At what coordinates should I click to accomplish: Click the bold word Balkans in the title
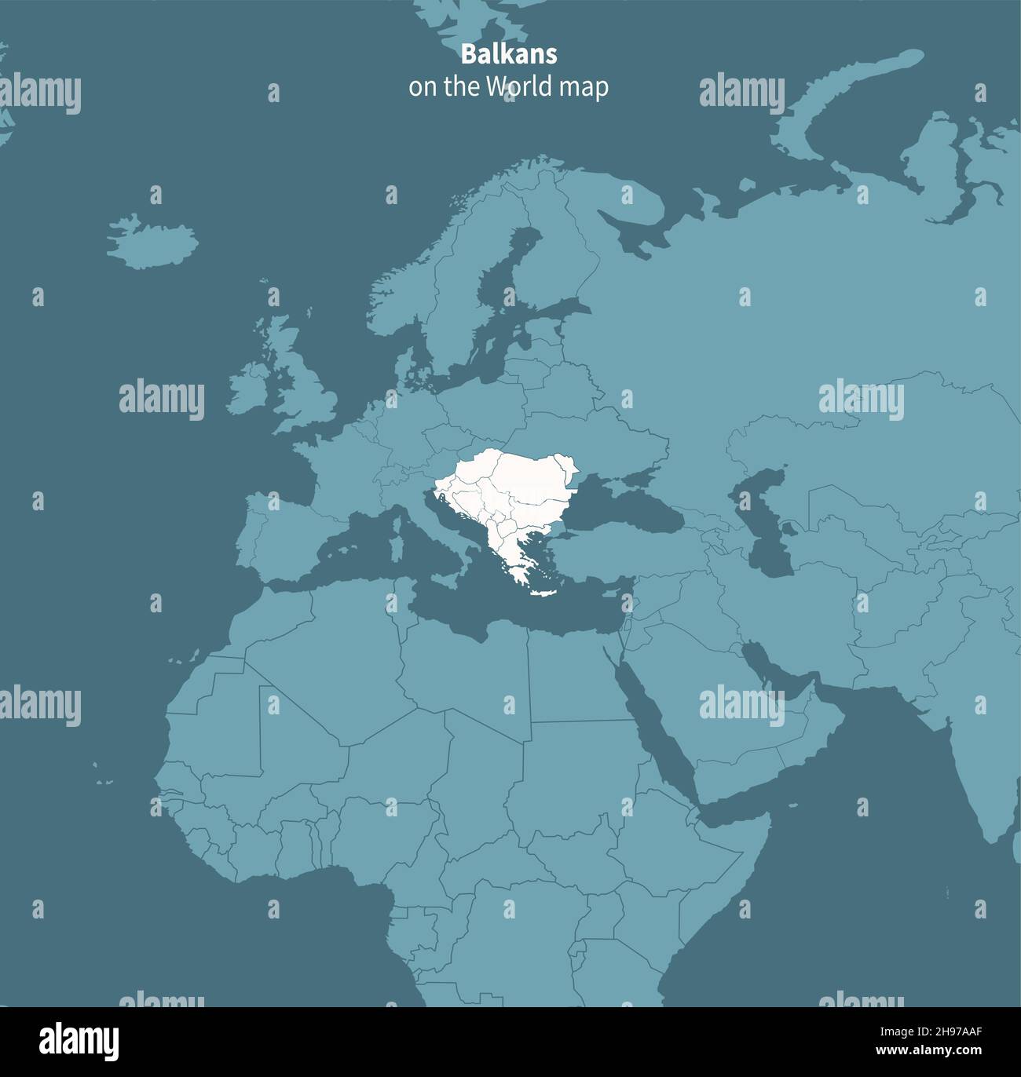click(x=508, y=54)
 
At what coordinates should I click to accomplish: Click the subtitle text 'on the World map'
click(x=508, y=86)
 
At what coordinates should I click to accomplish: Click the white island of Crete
click(x=543, y=592)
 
